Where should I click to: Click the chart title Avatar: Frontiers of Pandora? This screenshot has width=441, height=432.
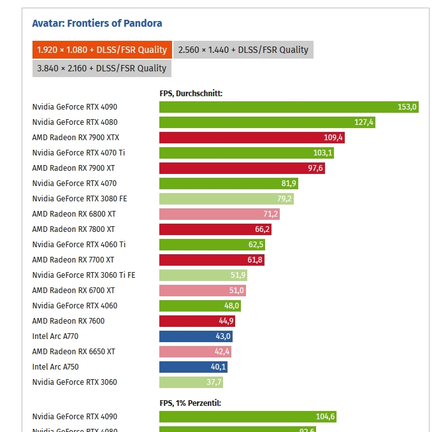coord(97,24)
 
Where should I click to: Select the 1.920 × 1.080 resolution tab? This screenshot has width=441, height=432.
coord(101,50)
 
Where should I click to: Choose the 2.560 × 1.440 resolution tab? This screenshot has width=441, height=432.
coord(243,50)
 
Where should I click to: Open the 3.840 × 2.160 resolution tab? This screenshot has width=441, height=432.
coord(101,68)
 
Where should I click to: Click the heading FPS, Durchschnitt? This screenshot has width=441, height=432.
coord(191,93)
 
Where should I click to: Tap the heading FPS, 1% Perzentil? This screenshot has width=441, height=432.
coord(190,403)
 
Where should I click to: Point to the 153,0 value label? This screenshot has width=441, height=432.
coord(407,107)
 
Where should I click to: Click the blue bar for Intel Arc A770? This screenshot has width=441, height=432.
coord(196,336)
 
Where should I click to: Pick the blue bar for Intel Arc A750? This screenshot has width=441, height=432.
coord(193,367)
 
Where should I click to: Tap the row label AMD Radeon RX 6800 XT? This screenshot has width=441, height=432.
coord(74,214)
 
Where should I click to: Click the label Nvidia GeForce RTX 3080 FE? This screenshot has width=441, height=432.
coord(80,199)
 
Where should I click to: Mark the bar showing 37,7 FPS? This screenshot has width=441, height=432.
coord(191,382)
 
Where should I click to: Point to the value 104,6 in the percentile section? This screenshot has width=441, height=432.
coord(325,417)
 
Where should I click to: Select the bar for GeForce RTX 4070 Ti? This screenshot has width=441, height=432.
coord(247,153)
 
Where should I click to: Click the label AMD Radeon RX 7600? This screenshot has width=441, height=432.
coord(68,321)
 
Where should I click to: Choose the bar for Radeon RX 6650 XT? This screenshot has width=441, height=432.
coord(195,352)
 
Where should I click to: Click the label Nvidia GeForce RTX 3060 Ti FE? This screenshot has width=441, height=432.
coord(83,275)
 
